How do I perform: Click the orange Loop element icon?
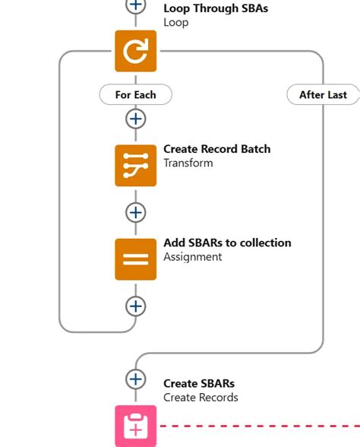(135, 51)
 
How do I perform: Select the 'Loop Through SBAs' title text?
(216, 9)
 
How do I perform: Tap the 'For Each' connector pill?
(135, 94)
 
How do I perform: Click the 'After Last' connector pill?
(323, 94)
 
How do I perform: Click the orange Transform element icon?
(135, 165)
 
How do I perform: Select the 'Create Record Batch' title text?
(216, 149)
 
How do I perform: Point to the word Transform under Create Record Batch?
(188, 163)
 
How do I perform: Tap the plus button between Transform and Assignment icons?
(135, 212)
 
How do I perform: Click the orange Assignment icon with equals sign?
(135, 259)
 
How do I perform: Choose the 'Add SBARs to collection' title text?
(227, 243)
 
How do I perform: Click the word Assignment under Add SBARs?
(192, 257)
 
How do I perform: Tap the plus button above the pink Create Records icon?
(135, 379)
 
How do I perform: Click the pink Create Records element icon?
(135, 426)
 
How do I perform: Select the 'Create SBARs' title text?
(199, 383)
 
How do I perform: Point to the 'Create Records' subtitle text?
(201, 398)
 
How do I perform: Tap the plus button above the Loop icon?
(135, 5)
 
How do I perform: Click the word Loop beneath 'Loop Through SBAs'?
(175, 23)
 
